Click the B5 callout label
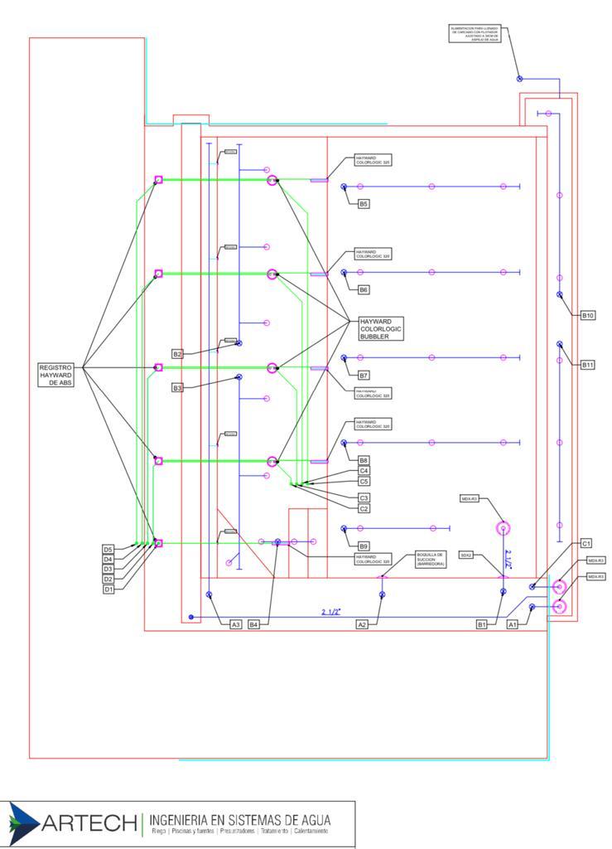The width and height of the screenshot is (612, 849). pyautogui.click(x=364, y=203)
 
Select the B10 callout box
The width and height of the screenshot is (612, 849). pyautogui.click(x=587, y=316)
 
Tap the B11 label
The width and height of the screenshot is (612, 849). pyautogui.click(x=587, y=365)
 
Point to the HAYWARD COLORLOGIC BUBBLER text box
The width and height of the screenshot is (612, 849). pyautogui.click(x=380, y=329)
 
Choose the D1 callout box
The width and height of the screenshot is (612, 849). pyautogui.click(x=108, y=589)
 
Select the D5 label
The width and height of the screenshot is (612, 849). pyautogui.click(x=108, y=550)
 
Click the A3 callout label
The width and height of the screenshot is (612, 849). pyautogui.click(x=236, y=624)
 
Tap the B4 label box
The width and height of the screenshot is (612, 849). pyautogui.click(x=254, y=624)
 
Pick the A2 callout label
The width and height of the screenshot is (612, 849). pyautogui.click(x=361, y=624)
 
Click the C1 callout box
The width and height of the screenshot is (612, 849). pyautogui.click(x=585, y=543)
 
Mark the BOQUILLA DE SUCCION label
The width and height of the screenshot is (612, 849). pyautogui.click(x=431, y=559)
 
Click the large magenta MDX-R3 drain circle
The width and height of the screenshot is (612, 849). pyautogui.click(x=504, y=527)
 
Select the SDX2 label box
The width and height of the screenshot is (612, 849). pyautogui.click(x=465, y=555)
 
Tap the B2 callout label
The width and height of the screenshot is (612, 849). pyautogui.click(x=177, y=354)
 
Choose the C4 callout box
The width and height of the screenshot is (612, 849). pyautogui.click(x=364, y=471)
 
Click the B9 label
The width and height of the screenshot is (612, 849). pyautogui.click(x=364, y=546)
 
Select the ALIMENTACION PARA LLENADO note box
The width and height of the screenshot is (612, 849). pyautogui.click(x=475, y=33)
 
